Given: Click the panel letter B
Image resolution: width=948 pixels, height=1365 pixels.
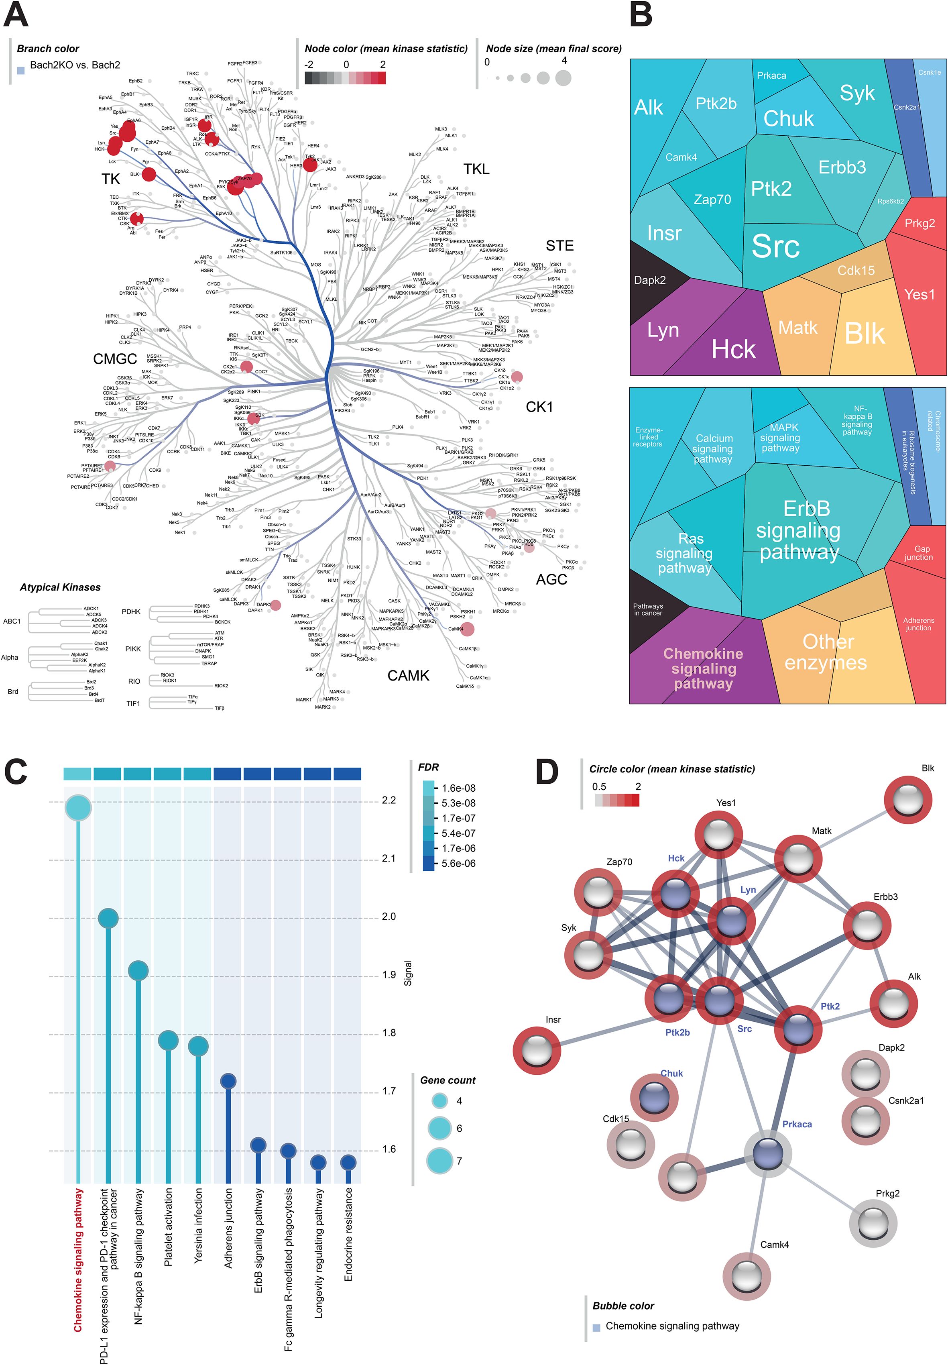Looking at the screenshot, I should pyautogui.click(x=641, y=16).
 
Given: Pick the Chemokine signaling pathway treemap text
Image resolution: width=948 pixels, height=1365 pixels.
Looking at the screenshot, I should pyautogui.click(x=703, y=668).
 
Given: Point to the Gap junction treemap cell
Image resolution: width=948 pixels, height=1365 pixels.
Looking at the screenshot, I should pyautogui.click(x=918, y=553).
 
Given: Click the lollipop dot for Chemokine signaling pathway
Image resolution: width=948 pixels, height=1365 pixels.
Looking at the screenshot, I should pyautogui.click(x=78, y=808).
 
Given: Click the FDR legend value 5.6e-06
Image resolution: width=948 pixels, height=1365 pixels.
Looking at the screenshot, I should pyautogui.click(x=458, y=864).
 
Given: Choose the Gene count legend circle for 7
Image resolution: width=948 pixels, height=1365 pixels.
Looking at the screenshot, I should pyautogui.click(x=439, y=1161).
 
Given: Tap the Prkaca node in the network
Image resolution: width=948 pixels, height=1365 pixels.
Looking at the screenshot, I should pyautogui.click(x=767, y=1153).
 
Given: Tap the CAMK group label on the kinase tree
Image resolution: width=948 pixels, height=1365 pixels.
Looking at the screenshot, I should pyautogui.click(x=408, y=675).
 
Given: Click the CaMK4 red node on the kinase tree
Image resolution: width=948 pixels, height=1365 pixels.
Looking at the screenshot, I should pyautogui.click(x=468, y=629).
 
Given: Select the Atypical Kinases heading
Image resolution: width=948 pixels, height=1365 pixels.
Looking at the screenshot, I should pyautogui.click(x=60, y=587).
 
